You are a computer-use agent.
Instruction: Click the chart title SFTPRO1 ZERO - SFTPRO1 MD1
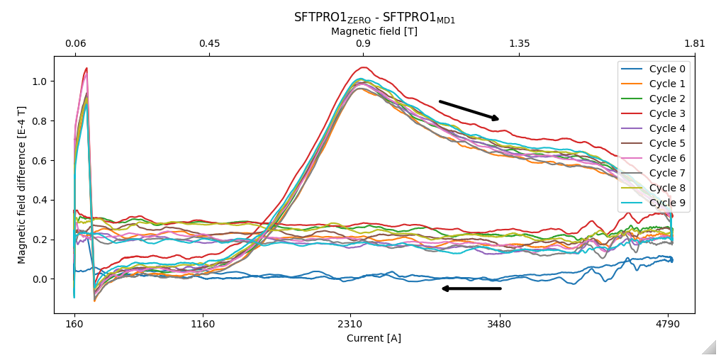[x=374, y=18]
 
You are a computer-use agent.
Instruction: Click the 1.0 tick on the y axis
[x=40, y=81]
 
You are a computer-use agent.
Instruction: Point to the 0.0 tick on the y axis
[x=40, y=279]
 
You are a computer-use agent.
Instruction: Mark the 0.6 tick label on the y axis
[x=40, y=161]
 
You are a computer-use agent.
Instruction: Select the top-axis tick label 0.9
[x=363, y=44]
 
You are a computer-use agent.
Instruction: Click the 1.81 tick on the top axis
[x=695, y=44]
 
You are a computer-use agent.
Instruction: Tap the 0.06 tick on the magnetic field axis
[x=76, y=44]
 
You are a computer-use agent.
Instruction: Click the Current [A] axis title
[x=374, y=339]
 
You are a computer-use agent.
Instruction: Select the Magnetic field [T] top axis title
[x=374, y=32]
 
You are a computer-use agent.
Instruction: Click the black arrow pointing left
[x=471, y=288]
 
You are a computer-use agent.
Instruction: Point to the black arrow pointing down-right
[x=469, y=111]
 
